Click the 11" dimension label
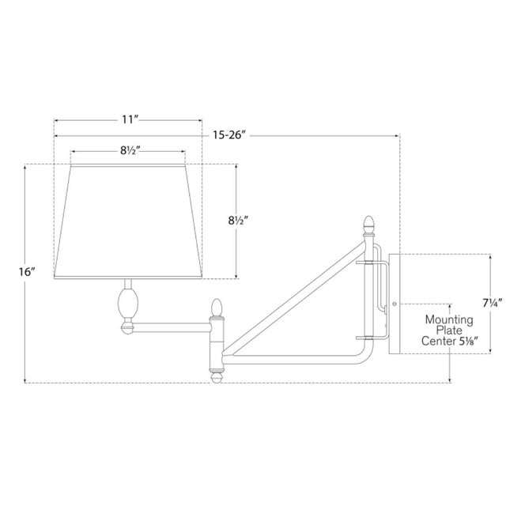pos(130,119)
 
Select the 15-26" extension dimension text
pos(229,135)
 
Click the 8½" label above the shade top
pos(130,149)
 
